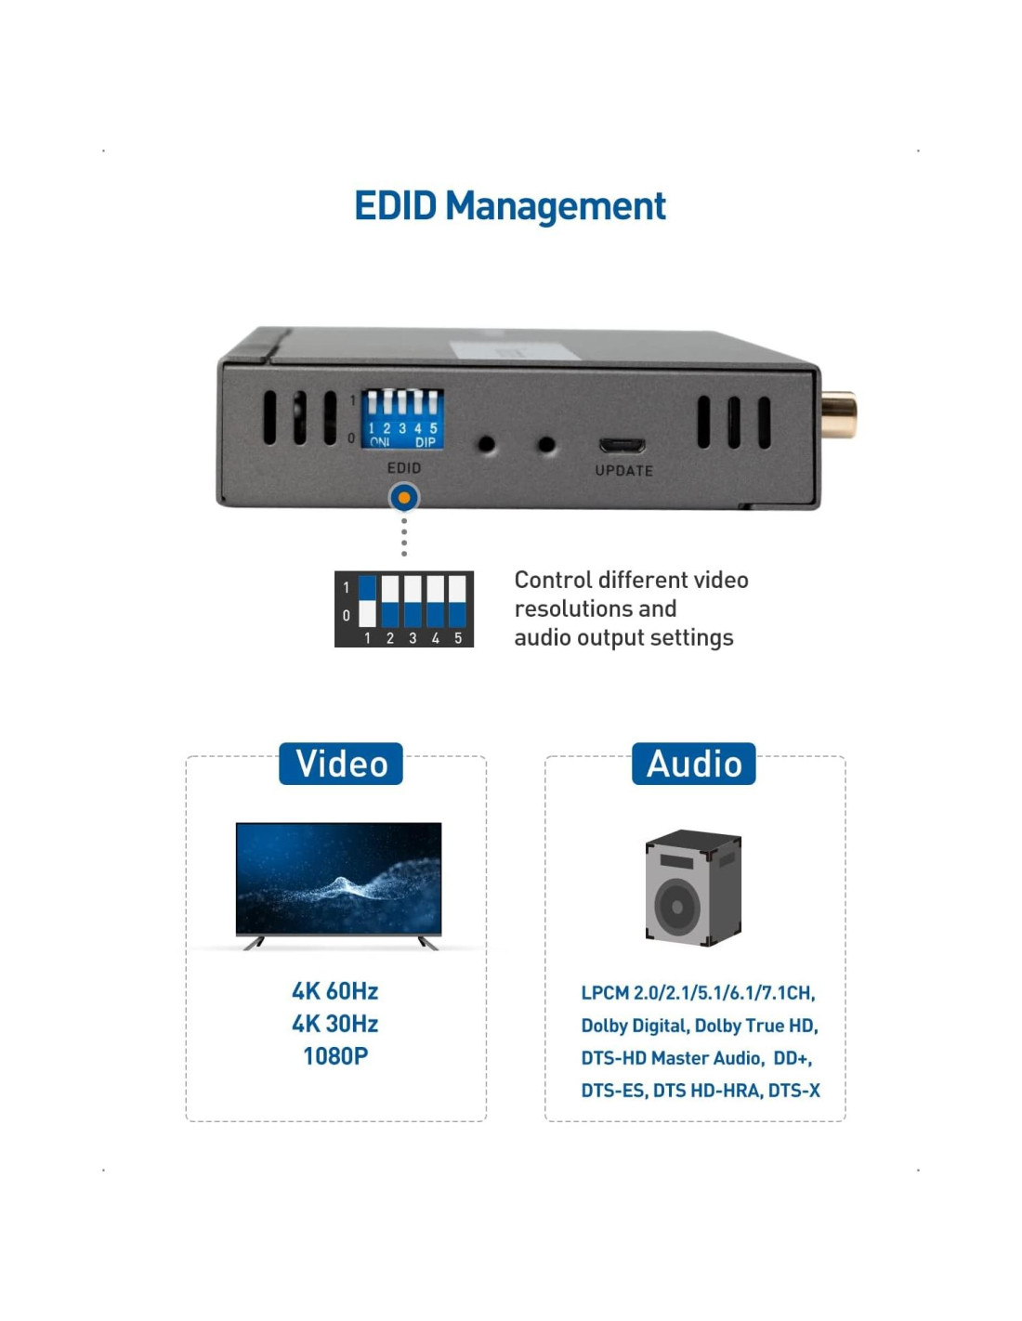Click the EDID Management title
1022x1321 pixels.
(x=510, y=206)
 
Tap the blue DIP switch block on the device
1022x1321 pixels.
(x=402, y=419)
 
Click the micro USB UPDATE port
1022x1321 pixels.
(x=622, y=445)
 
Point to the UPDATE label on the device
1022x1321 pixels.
(x=623, y=471)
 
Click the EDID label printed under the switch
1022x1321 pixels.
(x=404, y=468)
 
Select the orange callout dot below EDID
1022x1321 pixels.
(x=404, y=498)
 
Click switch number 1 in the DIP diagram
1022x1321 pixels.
(x=368, y=601)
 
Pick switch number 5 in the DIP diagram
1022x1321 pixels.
(x=457, y=601)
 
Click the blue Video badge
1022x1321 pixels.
(x=341, y=764)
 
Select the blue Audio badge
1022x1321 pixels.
(x=694, y=764)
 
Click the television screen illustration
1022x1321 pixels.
(x=338, y=878)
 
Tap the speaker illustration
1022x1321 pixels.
(x=693, y=888)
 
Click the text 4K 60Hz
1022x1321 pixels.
(x=335, y=991)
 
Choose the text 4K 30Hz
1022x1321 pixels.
(x=335, y=1024)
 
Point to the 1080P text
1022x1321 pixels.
(x=335, y=1056)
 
